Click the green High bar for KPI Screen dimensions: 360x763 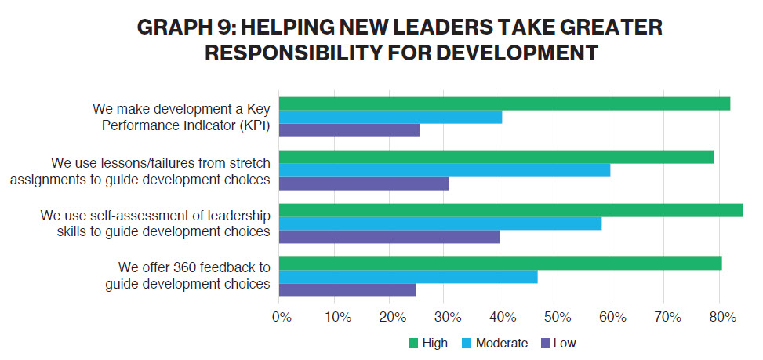504,104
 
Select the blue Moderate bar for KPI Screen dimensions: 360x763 391,117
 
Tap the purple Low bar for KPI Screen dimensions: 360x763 349,130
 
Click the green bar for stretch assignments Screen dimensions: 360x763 496,157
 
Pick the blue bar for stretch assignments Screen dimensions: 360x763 445,170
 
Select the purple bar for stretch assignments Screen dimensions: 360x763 364,184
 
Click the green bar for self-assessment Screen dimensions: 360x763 510,210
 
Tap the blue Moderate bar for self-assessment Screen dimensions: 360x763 440,224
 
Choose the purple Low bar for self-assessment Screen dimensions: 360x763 390,237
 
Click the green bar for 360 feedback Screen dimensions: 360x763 500,264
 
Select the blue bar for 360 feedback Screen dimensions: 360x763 409,277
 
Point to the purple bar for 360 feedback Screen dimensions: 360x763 347,290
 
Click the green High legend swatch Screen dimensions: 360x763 413,344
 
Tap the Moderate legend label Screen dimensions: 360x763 501,344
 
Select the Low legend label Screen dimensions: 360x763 565,344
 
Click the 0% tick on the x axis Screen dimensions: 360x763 281,318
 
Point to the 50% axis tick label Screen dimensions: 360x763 555,318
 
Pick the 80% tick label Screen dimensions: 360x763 721,318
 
